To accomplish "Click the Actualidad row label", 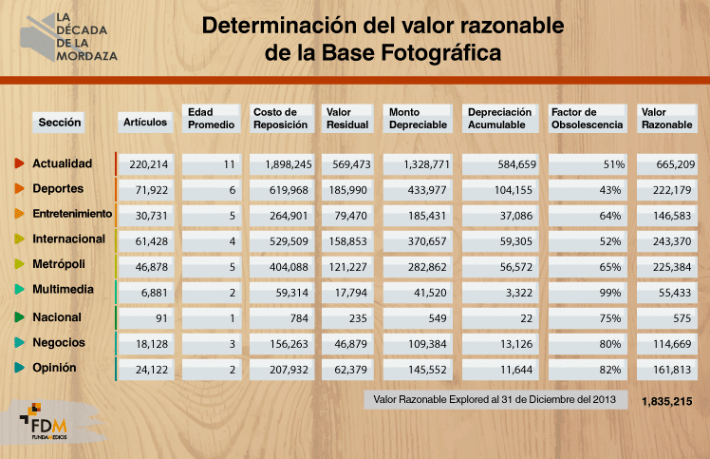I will pyautogui.click(x=62, y=163).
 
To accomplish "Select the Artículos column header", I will pyautogui.click(x=145, y=122).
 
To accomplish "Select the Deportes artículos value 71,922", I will pyautogui.click(x=147, y=190).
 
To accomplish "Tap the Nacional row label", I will pyautogui.click(x=57, y=317).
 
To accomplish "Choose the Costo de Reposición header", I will pyautogui.click(x=282, y=118).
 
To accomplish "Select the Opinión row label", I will pyautogui.click(x=55, y=368).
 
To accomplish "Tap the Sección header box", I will pyautogui.click(x=59, y=122).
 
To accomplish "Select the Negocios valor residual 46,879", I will pyautogui.click(x=351, y=343).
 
